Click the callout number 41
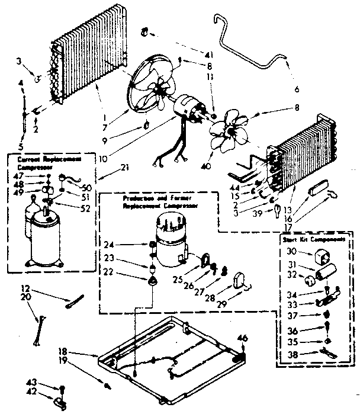tap(208, 54)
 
